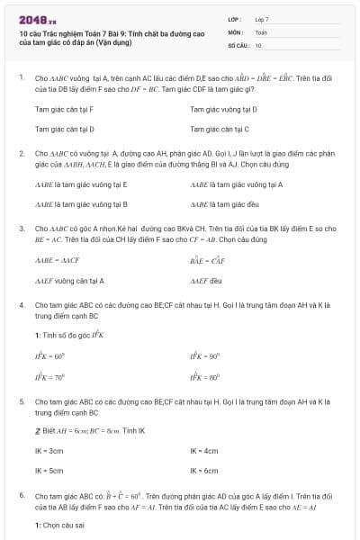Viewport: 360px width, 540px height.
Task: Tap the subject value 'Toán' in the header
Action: (x=261, y=31)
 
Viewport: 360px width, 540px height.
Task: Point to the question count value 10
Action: (x=258, y=44)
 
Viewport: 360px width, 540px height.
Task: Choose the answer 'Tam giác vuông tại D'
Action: (x=223, y=109)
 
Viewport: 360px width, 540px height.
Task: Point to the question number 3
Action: (x=21, y=229)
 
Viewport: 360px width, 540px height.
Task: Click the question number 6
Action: (x=21, y=495)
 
